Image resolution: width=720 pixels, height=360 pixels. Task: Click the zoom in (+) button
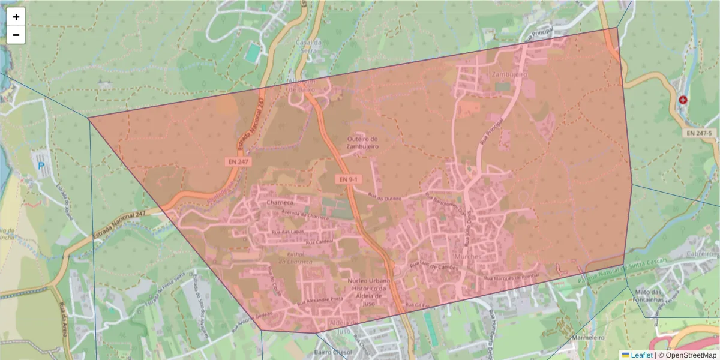click(16, 17)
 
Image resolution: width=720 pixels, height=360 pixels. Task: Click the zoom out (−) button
click(16, 35)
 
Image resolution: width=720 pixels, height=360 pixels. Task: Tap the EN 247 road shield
click(239, 161)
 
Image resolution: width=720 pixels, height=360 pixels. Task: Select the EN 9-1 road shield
click(347, 179)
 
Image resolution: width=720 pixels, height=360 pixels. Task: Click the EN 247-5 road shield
click(700, 133)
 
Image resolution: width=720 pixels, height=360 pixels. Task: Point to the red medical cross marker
click(683, 100)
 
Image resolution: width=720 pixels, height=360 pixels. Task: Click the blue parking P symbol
click(41, 165)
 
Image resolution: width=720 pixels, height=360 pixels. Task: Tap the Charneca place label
click(280, 203)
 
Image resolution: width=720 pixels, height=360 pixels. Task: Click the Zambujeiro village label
click(508, 74)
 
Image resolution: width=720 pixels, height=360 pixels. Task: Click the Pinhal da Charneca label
click(295, 258)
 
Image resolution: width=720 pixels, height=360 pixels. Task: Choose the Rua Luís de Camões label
click(434, 265)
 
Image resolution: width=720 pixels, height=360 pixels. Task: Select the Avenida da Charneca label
click(306, 215)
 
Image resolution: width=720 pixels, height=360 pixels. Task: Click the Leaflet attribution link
click(641, 355)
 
